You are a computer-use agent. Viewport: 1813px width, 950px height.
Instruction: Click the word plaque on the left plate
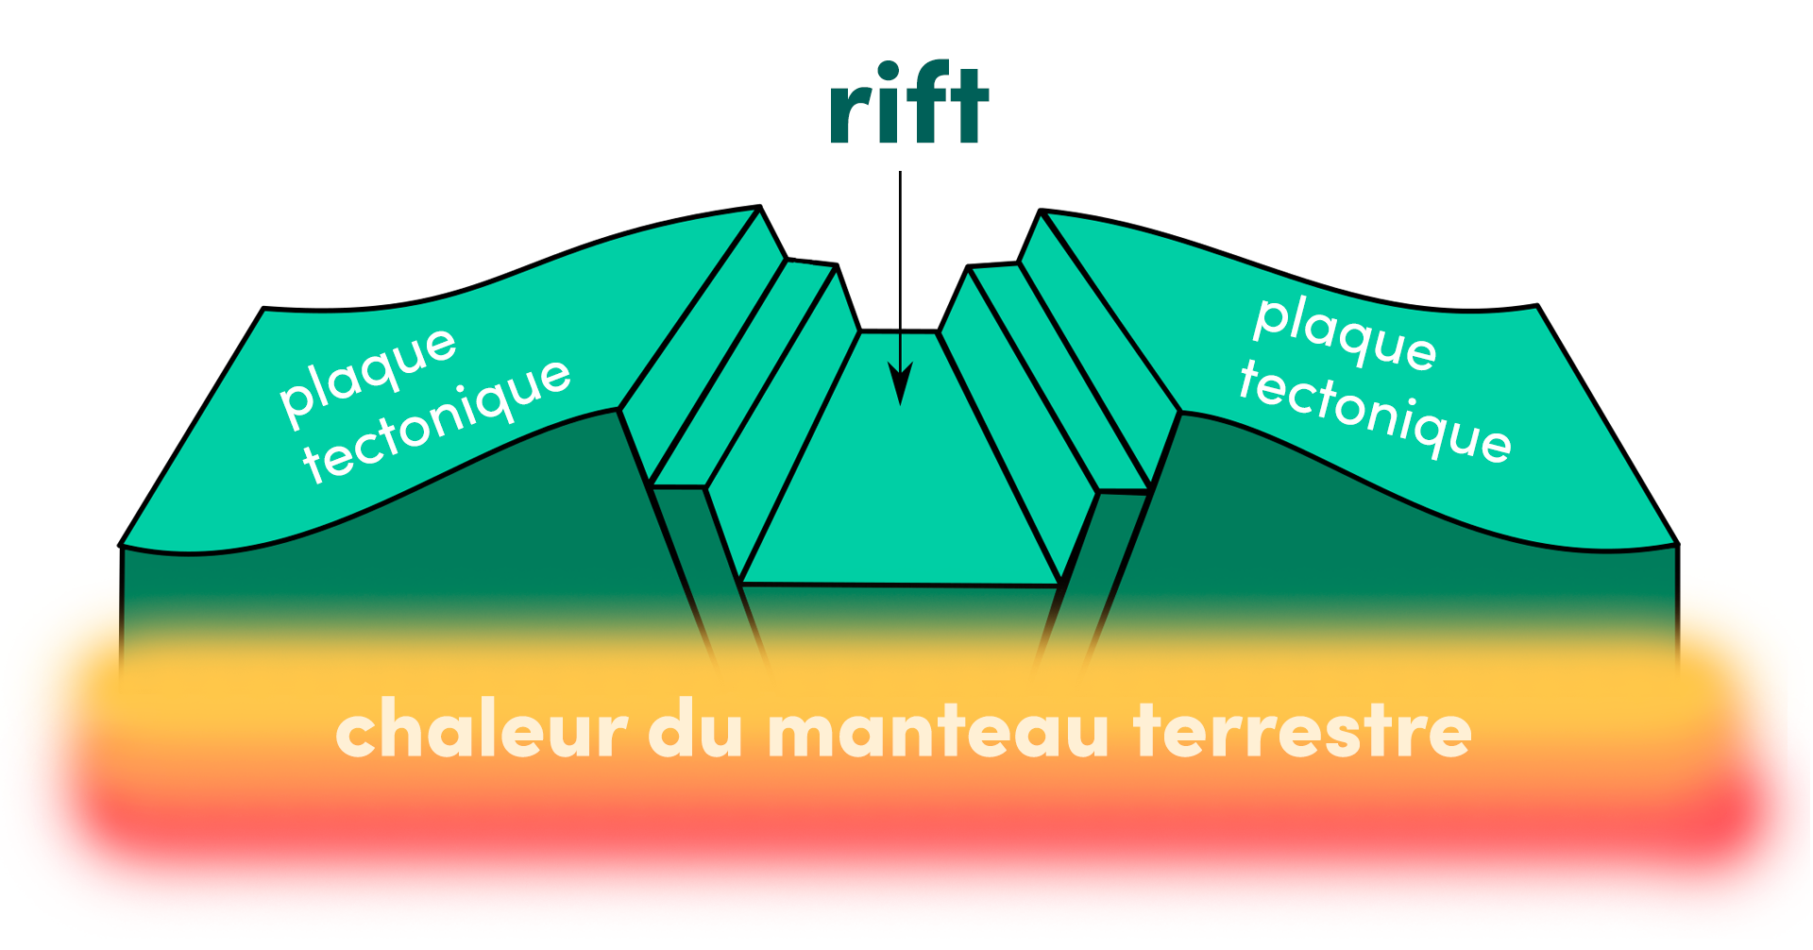tap(368, 372)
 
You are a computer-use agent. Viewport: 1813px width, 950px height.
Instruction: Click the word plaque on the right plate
tap(1345, 332)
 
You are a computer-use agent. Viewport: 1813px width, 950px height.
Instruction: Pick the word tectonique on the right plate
tap(1375, 412)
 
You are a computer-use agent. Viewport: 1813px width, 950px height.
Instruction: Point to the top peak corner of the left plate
tap(759, 207)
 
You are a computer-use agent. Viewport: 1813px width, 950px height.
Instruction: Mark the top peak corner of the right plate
tap(1041, 211)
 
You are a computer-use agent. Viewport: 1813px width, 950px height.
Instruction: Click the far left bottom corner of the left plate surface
tap(122, 545)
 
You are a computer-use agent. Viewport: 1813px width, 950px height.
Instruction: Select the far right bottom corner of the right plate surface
tap(1676, 544)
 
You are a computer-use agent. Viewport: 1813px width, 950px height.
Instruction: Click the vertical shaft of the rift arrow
tap(901, 264)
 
